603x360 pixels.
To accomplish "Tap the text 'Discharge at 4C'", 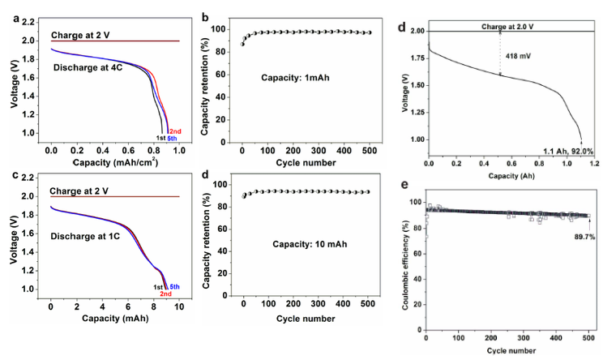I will (89, 67).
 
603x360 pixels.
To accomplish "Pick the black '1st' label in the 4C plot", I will (160, 139).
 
